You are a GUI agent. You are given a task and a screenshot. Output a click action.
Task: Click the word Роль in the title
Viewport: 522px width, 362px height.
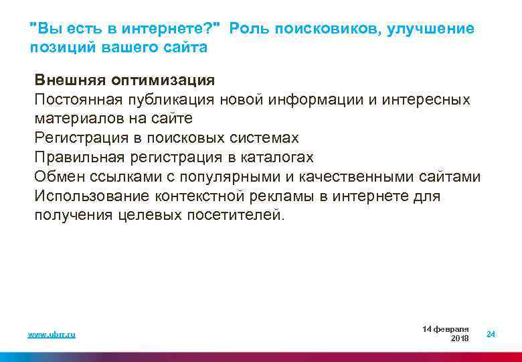point(248,29)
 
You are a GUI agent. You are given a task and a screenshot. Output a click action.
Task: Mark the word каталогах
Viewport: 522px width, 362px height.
point(276,158)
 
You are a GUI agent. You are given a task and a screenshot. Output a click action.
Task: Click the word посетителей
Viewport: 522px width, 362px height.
point(246,215)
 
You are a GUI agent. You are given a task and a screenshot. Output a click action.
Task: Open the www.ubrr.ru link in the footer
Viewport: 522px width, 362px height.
point(52,334)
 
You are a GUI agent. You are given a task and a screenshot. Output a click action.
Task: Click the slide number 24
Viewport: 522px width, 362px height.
point(491,334)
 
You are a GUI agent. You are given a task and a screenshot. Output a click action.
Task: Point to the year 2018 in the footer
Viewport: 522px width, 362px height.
point(460,339)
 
